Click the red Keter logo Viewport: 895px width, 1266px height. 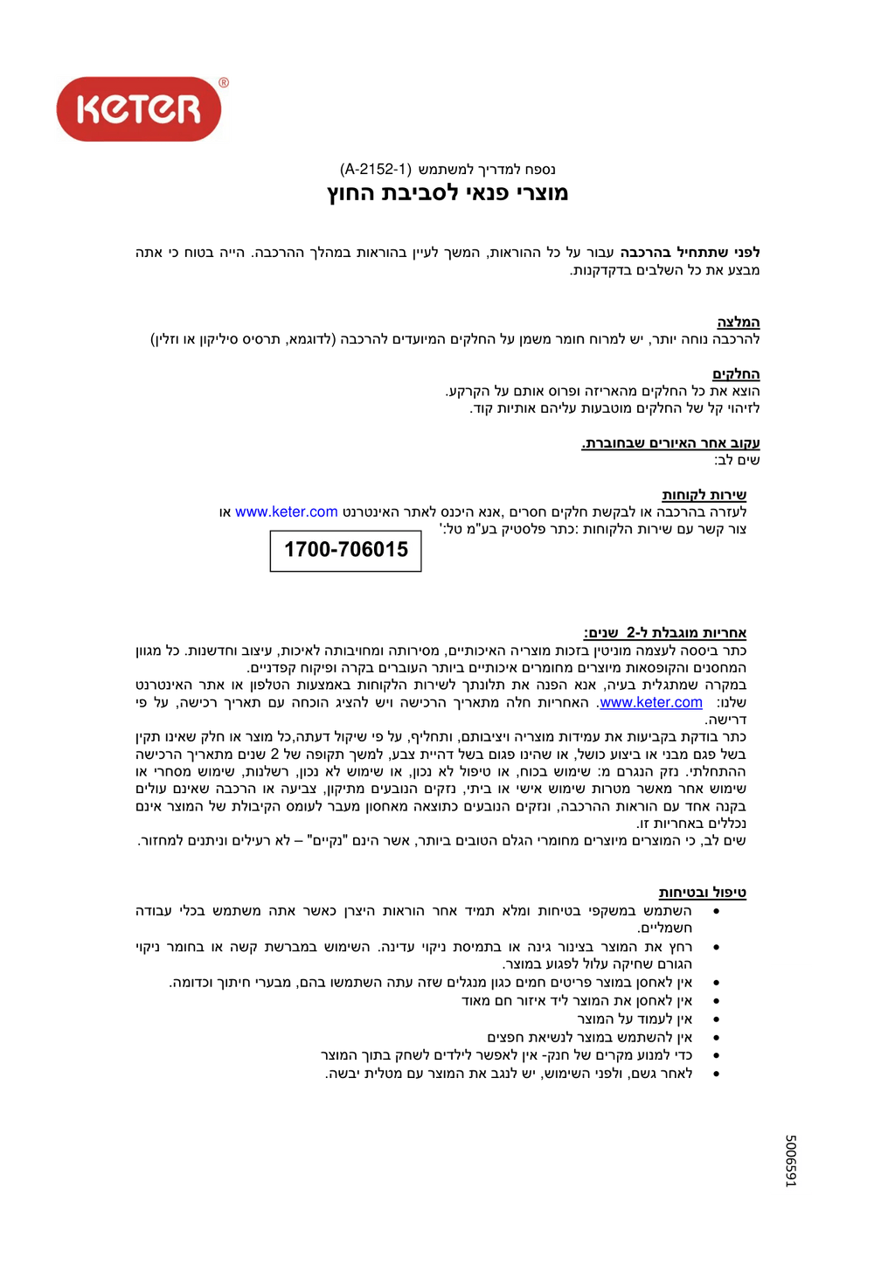[x=139, y=109]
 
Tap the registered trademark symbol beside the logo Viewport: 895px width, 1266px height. [x=224, y=83]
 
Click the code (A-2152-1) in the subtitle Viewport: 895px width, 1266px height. [x=376, y=169]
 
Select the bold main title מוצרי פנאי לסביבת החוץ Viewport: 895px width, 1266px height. [x=447, y=192]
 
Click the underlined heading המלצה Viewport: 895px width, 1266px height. [x=739, y=322]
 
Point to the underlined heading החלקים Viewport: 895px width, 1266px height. [x=736, y=374]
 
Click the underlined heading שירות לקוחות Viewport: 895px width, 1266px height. [x=704, y=495]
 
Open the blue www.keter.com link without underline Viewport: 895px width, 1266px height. [x=287, y=512]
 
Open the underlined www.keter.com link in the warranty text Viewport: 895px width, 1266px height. [x=651, y=703]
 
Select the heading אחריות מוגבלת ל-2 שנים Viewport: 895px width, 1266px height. [x=665, y=632]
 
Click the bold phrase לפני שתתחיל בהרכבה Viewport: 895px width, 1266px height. [x=690, y=253]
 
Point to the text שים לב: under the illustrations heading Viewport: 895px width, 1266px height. [x=737, y=460]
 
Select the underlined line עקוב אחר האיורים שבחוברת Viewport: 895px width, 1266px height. [x=670, y=443]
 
